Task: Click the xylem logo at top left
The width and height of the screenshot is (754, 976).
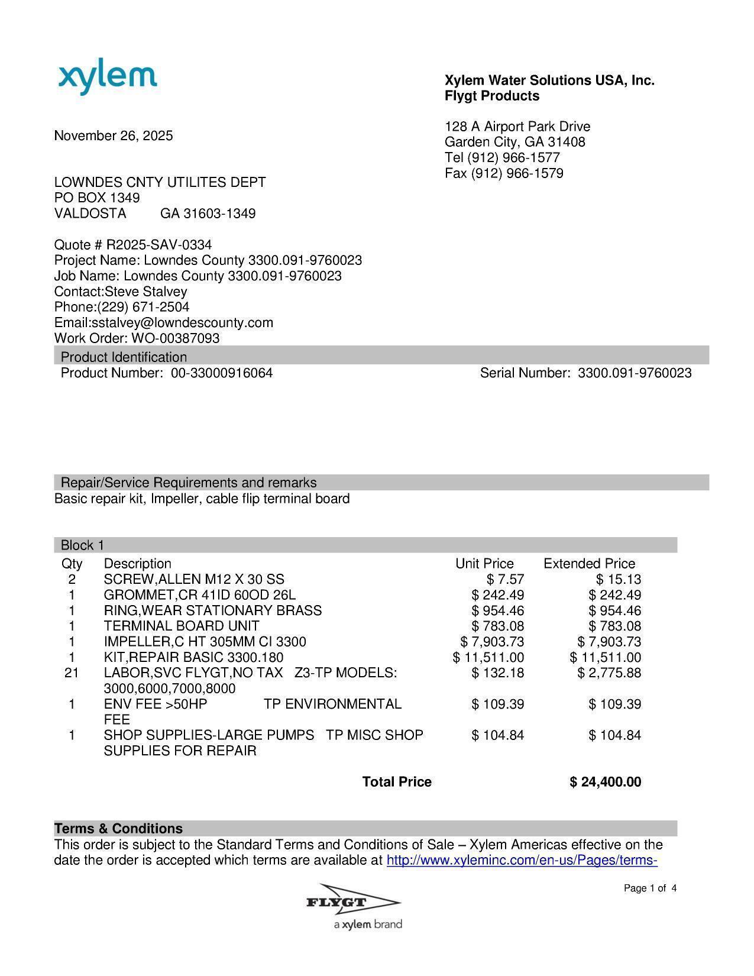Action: tap(108, 78)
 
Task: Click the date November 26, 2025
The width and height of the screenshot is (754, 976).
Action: tap(114, 136)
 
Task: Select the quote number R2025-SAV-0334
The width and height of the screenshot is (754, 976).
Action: tap(158, 245)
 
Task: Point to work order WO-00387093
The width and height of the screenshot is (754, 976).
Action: tap(175, 338)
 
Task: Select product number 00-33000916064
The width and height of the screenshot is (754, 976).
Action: tap(222, 373)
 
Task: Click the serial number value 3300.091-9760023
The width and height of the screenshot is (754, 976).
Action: tap(634, 373)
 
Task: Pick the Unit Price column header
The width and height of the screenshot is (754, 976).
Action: tap(484, 564)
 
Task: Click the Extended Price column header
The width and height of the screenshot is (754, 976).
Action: tap(589, 564)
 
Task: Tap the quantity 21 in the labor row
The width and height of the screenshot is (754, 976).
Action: tap(72, 673)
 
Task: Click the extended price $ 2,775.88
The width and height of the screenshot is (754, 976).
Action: tap(609, 673)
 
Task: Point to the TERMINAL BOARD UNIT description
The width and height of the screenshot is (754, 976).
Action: tap(181, 626)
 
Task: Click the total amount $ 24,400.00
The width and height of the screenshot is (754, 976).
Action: tap(605, 783)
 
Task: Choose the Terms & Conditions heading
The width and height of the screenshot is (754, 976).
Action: tap(118, 829)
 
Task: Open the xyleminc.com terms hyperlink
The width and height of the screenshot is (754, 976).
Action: tap(522, 861)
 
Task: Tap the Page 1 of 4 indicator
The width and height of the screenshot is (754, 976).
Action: tap(650, 888)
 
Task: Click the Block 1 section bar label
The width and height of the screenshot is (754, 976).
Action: tap(82, 545)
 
